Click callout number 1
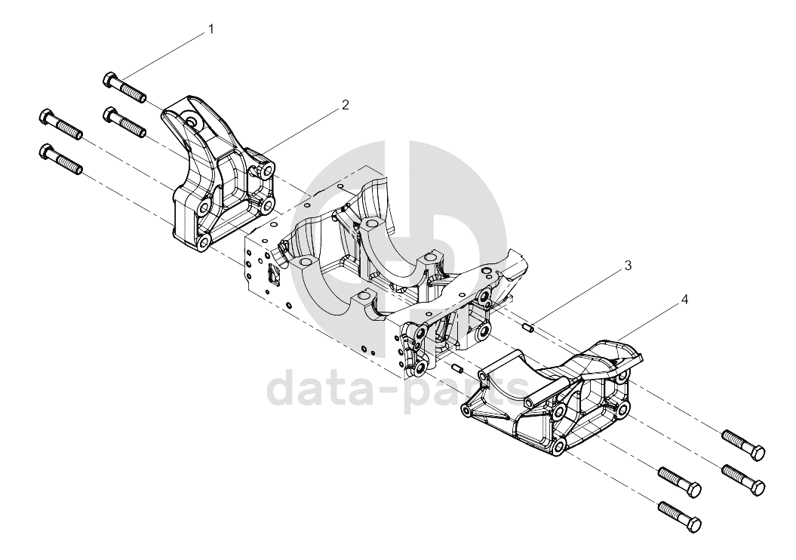[x=211, y=29]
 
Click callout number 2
[x=346, y=105]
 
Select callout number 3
[x=628, y=265]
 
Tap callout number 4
[x=684, y=300]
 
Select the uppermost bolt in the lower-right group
[x=743, y=445]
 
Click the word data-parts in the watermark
[x=398, y=389]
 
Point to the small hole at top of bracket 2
[x=192, y=121]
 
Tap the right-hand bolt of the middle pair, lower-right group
[x=743, y=480]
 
